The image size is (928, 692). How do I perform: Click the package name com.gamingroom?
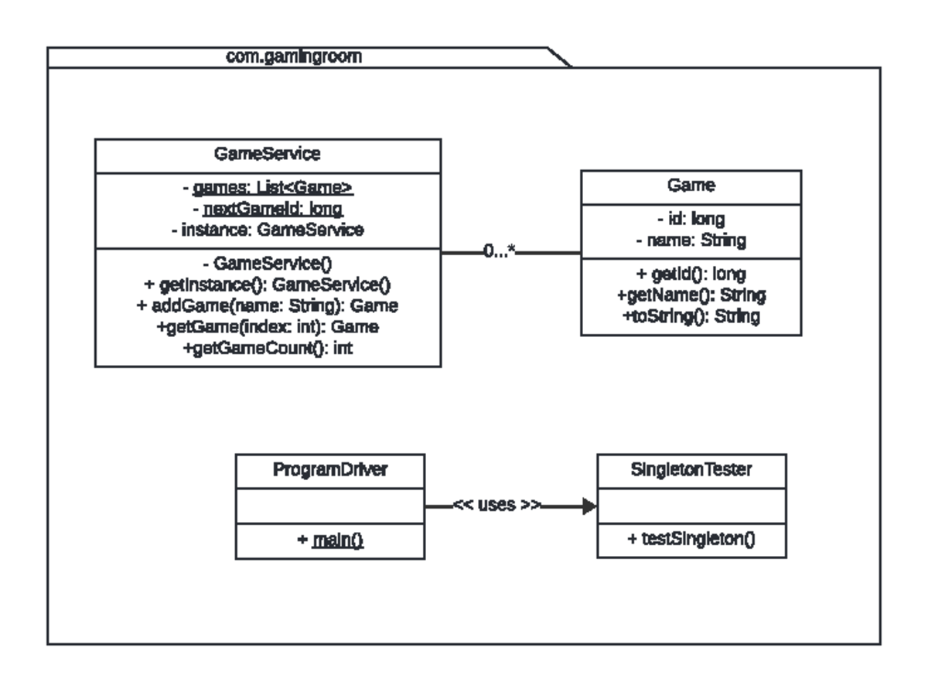point(293,56)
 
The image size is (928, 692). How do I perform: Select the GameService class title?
point(268,154)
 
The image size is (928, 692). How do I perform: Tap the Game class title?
point(691,186)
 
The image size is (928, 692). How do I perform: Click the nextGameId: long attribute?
point(268,209)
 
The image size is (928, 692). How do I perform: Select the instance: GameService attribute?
point(268,230)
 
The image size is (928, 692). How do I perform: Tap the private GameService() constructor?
point(268,263)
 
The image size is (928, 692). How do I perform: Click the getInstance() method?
point(268,285)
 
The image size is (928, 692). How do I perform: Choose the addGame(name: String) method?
point(268,305)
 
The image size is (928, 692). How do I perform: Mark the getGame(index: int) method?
point(268,327)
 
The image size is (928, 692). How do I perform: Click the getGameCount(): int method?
point(268,348)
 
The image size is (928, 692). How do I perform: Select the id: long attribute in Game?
point(691,219)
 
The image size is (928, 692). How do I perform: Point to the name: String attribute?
point(691,240)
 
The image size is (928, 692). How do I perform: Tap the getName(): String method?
point(691,295)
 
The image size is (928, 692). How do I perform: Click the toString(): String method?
point(691,316)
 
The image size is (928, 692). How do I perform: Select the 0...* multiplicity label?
point(500,252)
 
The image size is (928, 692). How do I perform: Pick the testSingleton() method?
point(691,540)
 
